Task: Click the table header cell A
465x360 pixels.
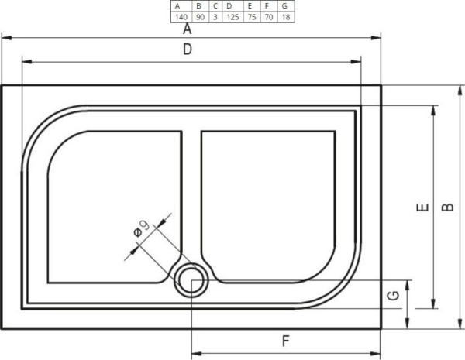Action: (181, 6)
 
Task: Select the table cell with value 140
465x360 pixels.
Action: (181, 16)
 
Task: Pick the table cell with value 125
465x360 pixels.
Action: (230, 16)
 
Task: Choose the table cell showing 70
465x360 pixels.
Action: (267, 16)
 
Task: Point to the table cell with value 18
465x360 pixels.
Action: (286, 16)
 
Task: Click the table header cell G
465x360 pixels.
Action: (286, 6)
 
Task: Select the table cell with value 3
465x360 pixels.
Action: (215, 16)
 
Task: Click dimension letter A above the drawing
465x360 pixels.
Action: (187, 29)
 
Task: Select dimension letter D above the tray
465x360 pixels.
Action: (187, 50)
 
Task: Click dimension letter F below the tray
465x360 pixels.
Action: (285, 340)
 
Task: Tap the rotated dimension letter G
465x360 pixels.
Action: (394, 295)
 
